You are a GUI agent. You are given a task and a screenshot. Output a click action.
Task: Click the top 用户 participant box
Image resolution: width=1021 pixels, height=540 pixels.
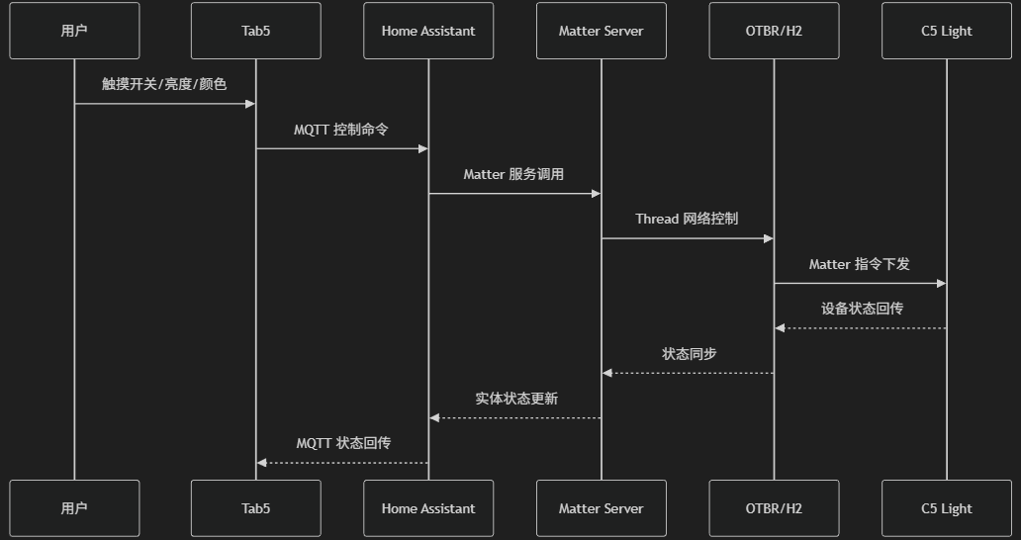74,31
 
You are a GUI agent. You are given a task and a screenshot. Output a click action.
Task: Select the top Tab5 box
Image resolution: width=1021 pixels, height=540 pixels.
255,31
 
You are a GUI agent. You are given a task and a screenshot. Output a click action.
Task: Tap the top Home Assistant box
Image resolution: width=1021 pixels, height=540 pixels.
428,31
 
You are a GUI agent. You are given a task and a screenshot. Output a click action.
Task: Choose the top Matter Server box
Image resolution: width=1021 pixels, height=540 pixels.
601,31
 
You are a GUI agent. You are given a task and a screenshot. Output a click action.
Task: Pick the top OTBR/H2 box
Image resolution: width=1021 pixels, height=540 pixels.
774,31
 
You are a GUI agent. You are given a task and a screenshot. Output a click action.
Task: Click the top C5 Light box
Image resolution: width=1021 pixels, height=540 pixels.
946,31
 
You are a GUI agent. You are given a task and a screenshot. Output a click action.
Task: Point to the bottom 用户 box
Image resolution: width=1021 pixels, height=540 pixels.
74,508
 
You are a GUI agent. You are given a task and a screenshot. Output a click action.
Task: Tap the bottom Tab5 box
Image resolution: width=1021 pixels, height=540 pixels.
255,508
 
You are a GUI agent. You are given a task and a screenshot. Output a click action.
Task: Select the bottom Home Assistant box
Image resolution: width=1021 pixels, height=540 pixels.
428,508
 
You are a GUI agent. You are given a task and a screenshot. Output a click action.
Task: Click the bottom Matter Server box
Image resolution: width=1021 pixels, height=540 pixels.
601,508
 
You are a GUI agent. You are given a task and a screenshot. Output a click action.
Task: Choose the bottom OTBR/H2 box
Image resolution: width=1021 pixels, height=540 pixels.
774,508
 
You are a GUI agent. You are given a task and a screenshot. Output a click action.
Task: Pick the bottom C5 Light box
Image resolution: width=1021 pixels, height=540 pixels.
946,508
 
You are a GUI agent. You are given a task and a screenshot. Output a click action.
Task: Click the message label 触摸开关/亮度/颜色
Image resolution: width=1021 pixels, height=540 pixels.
164,84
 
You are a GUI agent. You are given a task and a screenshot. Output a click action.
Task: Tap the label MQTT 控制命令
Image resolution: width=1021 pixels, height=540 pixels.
341,130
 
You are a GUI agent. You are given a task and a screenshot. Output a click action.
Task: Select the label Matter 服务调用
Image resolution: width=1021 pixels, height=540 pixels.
513,174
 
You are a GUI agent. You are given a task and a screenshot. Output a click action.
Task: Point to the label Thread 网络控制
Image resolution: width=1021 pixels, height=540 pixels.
687,219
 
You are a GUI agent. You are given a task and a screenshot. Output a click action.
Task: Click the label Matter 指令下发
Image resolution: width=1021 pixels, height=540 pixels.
859,264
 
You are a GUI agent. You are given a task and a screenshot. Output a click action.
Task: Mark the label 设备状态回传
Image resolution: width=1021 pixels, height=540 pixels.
862,309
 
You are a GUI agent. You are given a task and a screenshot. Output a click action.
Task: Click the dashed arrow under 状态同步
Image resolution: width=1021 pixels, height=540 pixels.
688,373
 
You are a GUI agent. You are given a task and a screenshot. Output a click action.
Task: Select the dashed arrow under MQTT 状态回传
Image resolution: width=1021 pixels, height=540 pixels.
342,462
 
